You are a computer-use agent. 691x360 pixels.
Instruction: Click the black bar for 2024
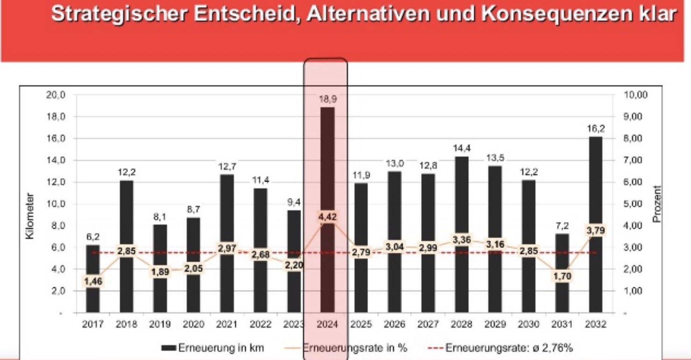tap(327, 163)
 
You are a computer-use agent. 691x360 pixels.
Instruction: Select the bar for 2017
tap(93, 261)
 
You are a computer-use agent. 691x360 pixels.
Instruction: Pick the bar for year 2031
tap(562, 294)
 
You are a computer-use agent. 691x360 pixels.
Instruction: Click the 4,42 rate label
tap(327, 217)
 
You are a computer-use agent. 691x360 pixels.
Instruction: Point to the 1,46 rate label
tap(93, 281)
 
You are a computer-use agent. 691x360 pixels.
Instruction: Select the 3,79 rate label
tap(595, 231)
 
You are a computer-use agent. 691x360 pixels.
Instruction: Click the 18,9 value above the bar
tap(327, 99)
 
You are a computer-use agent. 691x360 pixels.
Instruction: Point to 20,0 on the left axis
tap(56, 95)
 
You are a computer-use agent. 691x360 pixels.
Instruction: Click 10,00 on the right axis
tap(636, 95)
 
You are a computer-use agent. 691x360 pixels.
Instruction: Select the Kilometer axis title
tap(30, 216)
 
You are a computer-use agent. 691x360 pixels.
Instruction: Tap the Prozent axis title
tap(657, 204)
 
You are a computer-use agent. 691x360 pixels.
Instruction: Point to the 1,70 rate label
tap(562, 276)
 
